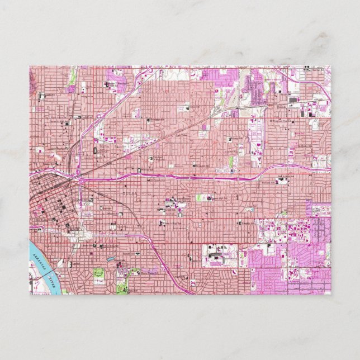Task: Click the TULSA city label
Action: click(x=128, y=193)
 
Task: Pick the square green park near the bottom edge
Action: click(x=99, y=273)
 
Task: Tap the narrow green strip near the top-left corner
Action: click(x=72, y=82)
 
